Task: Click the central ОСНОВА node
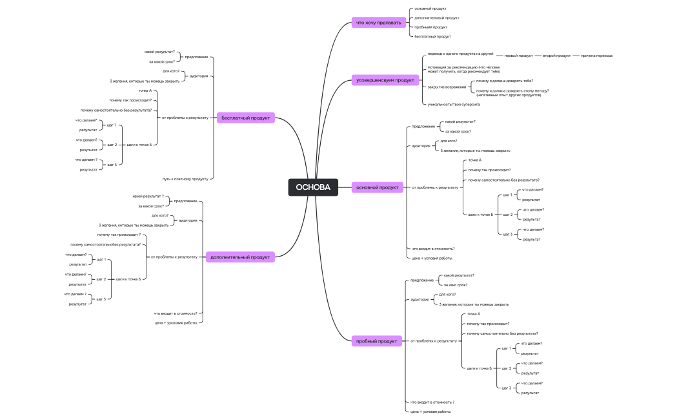pos(313,187)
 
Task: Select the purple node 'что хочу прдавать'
pos(378,23)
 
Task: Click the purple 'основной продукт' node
pos(378,187)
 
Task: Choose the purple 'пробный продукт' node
pos(378,341)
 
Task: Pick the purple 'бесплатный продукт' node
pos(245,118)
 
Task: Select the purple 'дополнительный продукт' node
pos(240,257)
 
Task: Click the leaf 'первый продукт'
pos(518,56)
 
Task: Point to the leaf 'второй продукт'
pos(556,56)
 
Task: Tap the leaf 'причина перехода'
pos(597,56)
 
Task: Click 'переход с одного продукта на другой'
pos(460,54)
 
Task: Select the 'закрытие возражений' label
pos(446,86)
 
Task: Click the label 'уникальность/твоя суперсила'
pos(454,104)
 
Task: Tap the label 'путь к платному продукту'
pos(185,178)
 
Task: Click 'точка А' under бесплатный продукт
pos(145,90)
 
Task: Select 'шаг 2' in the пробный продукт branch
pos(507,368)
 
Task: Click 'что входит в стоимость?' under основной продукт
pos(433,248)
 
